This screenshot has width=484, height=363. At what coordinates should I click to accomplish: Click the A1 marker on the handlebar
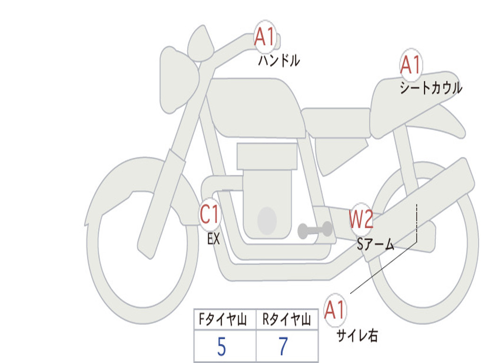click(x=265, y=37)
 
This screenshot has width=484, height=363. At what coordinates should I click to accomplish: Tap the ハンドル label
click(x=279, y=60)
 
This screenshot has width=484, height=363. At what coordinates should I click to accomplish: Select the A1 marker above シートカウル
click(x=411, y=65)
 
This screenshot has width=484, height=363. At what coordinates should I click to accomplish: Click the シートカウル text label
click(x=431, y=87)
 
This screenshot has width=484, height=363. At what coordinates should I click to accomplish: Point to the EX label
click(x=214, y=239)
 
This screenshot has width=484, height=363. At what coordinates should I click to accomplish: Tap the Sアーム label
click(x=376, y=244)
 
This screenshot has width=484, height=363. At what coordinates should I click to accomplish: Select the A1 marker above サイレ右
click(x=335, y=310)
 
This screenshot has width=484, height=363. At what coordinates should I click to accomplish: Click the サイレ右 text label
click(x=357, y=336)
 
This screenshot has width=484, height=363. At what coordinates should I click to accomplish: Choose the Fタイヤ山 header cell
click(x=225, y=320)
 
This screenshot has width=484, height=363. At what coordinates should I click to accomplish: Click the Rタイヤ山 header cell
click(x=287, y=320)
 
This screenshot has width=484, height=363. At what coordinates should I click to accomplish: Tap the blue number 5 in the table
click(x=222, y=346)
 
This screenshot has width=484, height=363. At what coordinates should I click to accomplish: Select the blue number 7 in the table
click(x=284, y=346)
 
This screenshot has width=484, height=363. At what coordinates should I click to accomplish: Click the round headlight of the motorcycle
click(x=179, y=79)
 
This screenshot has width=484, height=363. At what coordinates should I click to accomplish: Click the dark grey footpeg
click(x=315, y=230)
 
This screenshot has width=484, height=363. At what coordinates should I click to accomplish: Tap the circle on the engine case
click(x=267, y=221)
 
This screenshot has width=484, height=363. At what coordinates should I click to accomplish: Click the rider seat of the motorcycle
click(x=337, y=122)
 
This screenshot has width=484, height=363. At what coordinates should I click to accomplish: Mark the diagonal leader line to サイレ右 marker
click(x=384, y=268)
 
